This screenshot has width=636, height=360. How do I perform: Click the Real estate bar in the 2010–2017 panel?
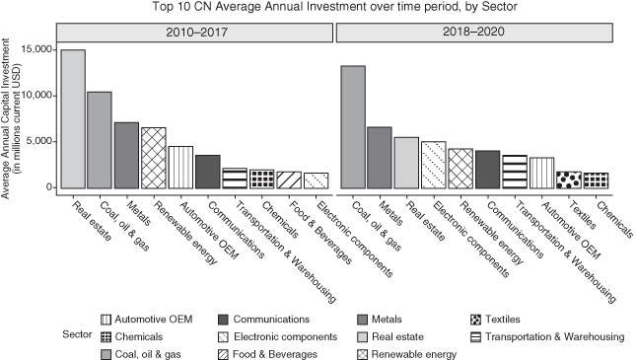tap(73, 118)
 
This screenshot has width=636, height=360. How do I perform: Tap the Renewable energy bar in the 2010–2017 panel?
tap(153, 157)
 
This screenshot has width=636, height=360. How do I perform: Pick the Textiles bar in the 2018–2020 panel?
tap(569, 180)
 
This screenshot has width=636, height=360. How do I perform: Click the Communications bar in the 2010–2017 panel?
tap(207, 171)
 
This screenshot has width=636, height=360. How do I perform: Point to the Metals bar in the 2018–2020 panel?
tap(380, 157)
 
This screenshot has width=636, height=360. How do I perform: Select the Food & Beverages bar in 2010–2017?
tap(288, 180)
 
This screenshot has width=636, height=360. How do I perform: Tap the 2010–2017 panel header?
tap(194, 33)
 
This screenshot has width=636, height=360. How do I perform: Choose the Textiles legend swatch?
tap(483, 319)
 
